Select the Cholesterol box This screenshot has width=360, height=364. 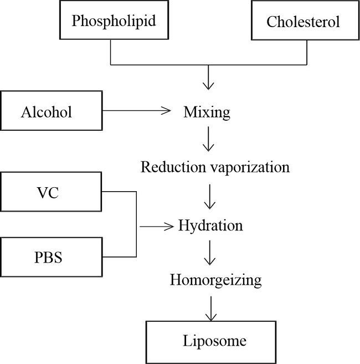tap(303, 22)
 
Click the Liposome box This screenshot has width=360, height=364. tap(214, 340)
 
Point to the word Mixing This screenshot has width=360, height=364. tap(207, 112)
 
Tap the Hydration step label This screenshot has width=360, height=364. tap(210, 226)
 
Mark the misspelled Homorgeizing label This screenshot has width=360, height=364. tap(215, 280)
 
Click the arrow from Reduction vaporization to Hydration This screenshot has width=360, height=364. tap(208, 196)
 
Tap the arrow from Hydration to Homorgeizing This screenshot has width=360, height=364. tap(208, 253)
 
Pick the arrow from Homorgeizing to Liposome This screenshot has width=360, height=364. tap(209, 307)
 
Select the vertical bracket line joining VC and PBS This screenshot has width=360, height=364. tap(136, 224)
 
